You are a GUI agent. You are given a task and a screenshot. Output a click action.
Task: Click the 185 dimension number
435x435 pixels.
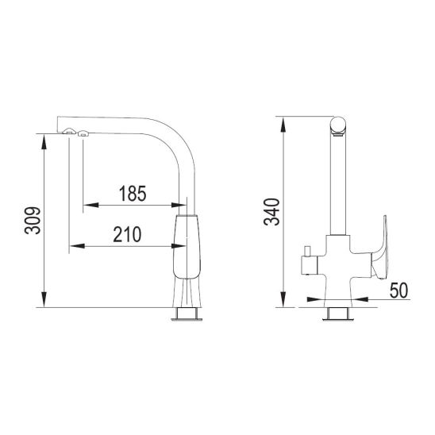[133, 194]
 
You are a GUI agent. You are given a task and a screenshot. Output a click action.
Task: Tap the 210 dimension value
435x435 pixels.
[127, 234]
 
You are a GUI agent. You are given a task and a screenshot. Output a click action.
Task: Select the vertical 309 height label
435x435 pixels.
[33, 221]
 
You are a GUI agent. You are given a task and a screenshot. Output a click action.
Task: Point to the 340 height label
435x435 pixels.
[271, 212]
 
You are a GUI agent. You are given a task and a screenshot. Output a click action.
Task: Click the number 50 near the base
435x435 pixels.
[398, 291]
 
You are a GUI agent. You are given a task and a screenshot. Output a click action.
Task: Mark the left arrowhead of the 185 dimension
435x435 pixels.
[90, 205]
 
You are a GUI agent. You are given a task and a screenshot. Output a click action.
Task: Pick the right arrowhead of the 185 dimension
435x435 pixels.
[179, 205]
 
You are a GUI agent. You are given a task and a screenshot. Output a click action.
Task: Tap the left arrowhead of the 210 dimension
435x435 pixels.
[76, 246]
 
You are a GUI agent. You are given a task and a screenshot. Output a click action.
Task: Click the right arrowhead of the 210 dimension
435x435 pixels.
[179, 246]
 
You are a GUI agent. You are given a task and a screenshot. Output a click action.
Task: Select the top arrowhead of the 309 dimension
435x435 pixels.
[44, 142]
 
